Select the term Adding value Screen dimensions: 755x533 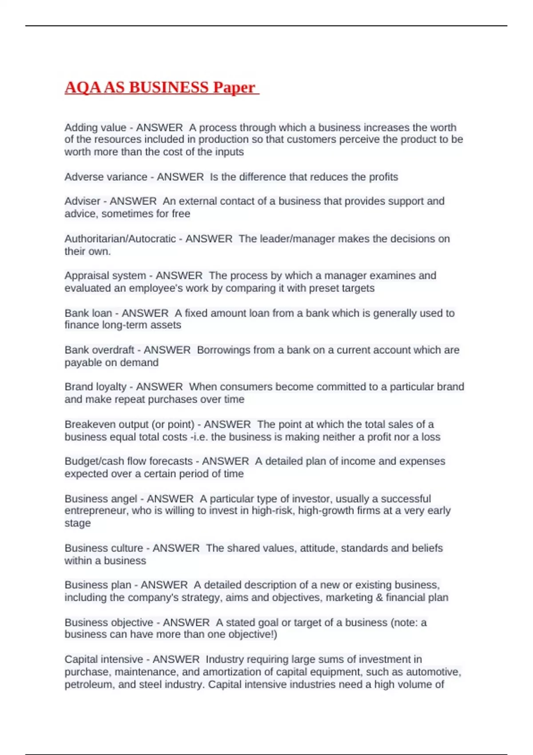95,127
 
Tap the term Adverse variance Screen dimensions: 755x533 106,177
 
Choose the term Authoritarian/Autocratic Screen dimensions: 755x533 120,238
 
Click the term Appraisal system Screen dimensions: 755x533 105,275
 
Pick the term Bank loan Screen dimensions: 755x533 88,313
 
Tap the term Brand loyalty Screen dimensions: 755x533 95,387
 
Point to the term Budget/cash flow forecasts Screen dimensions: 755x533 128,461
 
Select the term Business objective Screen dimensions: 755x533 109,623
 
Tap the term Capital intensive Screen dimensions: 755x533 103,660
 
